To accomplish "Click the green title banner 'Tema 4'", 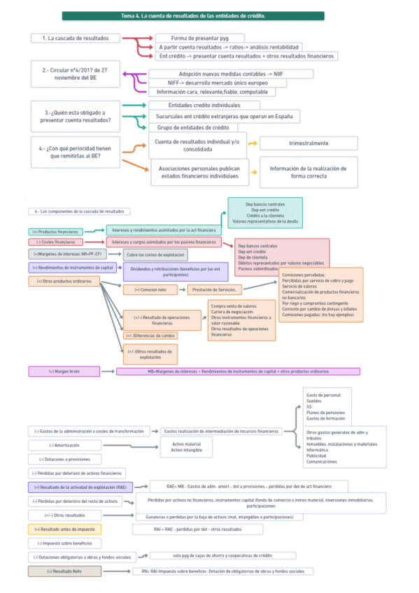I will point(192,15).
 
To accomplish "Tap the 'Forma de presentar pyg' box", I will point(199,38).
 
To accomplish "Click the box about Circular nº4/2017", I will point(74,74).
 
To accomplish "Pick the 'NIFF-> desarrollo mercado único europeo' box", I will point(207,83).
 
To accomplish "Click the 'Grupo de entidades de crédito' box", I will point(193,128).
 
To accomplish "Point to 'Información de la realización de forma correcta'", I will point(308,173).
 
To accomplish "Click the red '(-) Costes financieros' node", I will point(55,243).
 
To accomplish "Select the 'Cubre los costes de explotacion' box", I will point(155,255).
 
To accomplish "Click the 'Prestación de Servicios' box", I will point(215,290).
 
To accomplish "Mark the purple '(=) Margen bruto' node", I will point(64,371).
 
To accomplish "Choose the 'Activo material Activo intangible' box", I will point(186,447).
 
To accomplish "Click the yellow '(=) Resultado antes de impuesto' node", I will point(65,529).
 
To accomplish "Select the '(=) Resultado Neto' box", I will point(64,571).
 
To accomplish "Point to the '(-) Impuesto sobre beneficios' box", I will point(65,543).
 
